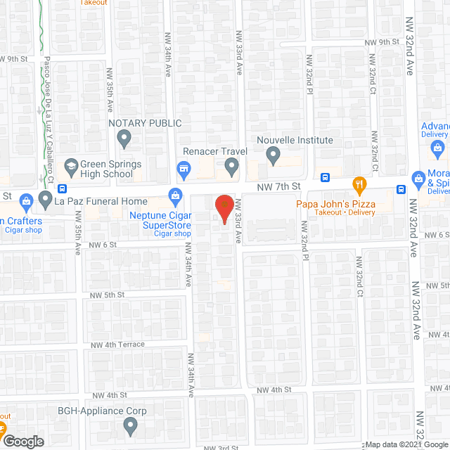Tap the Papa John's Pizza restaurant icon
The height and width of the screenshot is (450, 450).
[x=360, y=186]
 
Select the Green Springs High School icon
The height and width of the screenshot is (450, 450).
[x=70, y=166]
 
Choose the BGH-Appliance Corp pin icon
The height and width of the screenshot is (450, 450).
[x=130, y=425]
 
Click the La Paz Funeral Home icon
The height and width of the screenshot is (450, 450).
[x=46, y=200]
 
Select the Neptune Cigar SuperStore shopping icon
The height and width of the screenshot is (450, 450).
[x=174, y=195]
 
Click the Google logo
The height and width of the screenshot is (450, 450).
[x=23, y=441]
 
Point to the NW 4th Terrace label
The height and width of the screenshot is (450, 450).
[x=115, y=345]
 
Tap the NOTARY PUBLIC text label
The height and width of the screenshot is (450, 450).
[x=145, y=123]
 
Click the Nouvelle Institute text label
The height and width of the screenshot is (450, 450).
[x=295, y=140]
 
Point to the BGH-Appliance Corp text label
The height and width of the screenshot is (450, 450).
[x=112, y=411]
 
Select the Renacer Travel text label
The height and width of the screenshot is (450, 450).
[x=212, y=150]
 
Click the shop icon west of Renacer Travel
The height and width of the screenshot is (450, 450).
[x=184, y=168]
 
